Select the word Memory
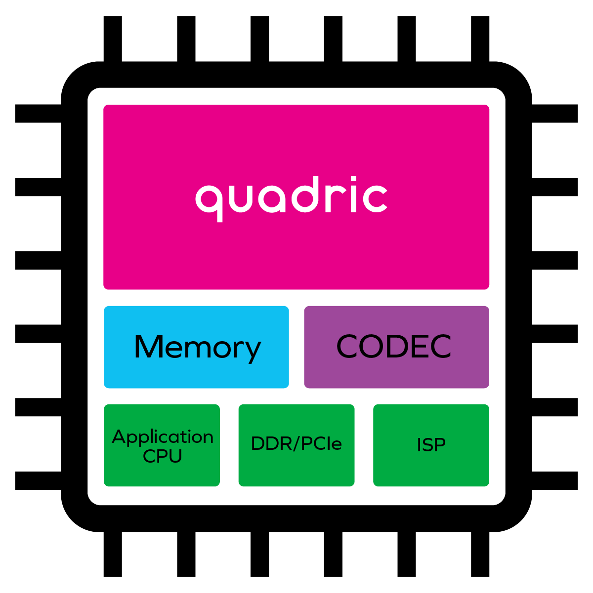click(197, 348)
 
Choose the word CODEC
click(394, 347)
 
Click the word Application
click(163, 437)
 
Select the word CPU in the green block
click(163, 456)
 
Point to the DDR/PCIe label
click(296, 444)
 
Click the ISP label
click(431, 445)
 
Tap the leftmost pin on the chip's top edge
click(113, 39)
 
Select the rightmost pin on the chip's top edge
click(480, 39)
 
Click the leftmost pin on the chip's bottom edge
click(113, 554)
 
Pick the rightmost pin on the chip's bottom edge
click(480, 554)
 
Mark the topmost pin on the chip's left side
click(38, 114)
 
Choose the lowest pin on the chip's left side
click(38, 480)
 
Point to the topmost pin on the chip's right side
click(555, 114)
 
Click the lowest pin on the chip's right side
click(555, 480)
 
